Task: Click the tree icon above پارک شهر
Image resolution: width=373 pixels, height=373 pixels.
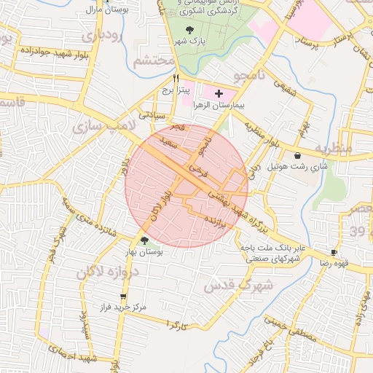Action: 191,30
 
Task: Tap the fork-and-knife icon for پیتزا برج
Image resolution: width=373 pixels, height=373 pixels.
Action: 175,77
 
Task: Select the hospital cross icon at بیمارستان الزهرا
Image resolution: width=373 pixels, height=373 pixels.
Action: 219,94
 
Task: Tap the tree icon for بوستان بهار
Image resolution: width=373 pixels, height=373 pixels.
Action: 144,240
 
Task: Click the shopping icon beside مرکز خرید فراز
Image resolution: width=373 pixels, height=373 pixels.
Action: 122,297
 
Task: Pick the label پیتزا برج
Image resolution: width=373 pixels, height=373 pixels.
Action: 175,90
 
